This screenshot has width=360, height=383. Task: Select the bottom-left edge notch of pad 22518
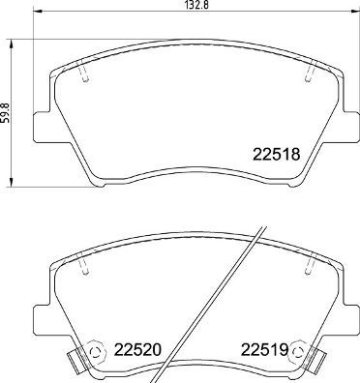click(x=92, y=182)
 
